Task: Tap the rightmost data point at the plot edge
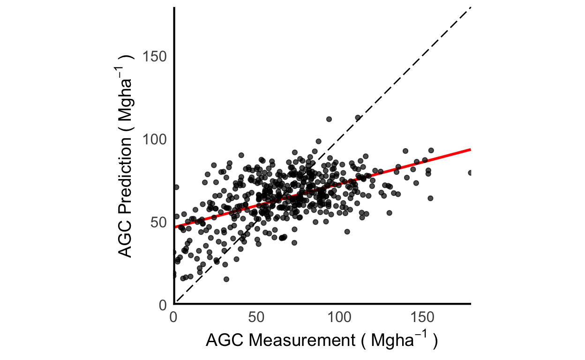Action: [470, 172]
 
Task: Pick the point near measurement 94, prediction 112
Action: [329, 119]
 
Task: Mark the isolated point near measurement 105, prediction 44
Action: [347, 232]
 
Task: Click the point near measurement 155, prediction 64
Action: [430, 198]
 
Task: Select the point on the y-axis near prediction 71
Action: [176, 187]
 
